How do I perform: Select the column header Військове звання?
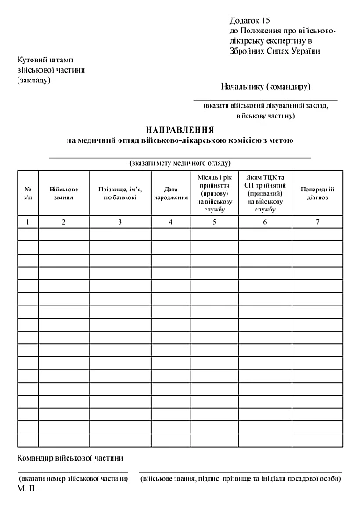click(x=63, y=193)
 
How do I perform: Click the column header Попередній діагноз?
click(x=317, y=193)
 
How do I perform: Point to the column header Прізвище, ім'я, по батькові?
click(x=119, y=193)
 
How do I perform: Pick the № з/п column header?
click(x=28, y=193)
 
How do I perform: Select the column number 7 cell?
click(x=317, y=222)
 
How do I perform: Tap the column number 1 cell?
click(x=28, y=222)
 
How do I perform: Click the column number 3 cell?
click(x=119, y=222)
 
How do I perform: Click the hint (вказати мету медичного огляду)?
click(x=180, y=163)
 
